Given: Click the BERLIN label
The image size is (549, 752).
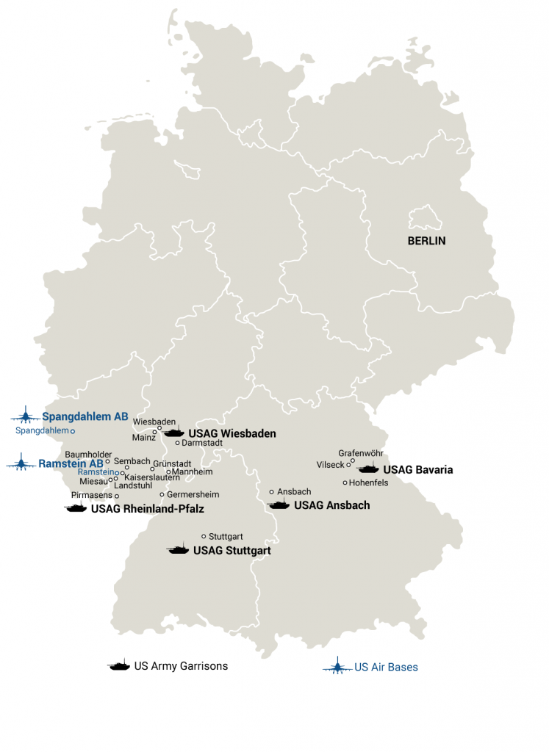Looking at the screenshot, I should click(x=426, y=241).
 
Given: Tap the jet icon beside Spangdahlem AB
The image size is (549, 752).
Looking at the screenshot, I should click(x=26, y=416).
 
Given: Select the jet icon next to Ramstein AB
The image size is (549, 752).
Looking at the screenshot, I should click(x=21, y=463).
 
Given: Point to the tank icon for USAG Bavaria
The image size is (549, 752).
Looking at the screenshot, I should click(x=368, y=469).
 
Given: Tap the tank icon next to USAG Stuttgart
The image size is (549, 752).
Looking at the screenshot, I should click(x=178, y=549).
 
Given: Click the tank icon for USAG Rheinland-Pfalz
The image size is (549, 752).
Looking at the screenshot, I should click(x=76, y=507).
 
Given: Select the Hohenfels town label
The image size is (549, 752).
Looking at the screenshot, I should click(x=370, y=482).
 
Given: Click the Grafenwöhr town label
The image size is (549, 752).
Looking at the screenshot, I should click(x=360, y=453).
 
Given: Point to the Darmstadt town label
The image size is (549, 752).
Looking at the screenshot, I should click(x=202, y=443).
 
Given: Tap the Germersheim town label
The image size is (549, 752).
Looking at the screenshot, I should click(x=190, y=494).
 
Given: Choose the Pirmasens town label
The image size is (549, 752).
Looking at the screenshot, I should click(x=92, y=496).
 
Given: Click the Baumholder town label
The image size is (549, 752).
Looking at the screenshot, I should click(x=88, y=455).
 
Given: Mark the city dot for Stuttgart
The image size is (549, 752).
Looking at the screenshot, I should click(x=204, y=536).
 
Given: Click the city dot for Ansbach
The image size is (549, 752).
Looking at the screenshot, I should click(x=271, y=491).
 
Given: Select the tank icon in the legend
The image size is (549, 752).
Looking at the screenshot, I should click(x=118, y=665).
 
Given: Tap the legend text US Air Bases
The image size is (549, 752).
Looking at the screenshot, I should click(x=386, y=668).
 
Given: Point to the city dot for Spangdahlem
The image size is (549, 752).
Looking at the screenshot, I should click(x=72, y=430).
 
